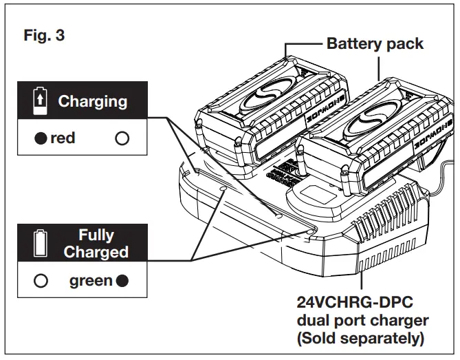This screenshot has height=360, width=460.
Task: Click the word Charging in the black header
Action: click(92, 102)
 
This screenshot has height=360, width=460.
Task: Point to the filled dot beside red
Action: click(41, 138)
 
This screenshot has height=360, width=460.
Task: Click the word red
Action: click(63, 138)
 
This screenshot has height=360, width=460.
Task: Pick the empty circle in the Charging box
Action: click(122, 138)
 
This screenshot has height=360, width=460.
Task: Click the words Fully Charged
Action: click(96, 244)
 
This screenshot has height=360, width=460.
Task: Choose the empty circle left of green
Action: click(41, 281)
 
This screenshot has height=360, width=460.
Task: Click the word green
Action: click(90, 281)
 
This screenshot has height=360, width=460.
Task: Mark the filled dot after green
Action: click(122, 281)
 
